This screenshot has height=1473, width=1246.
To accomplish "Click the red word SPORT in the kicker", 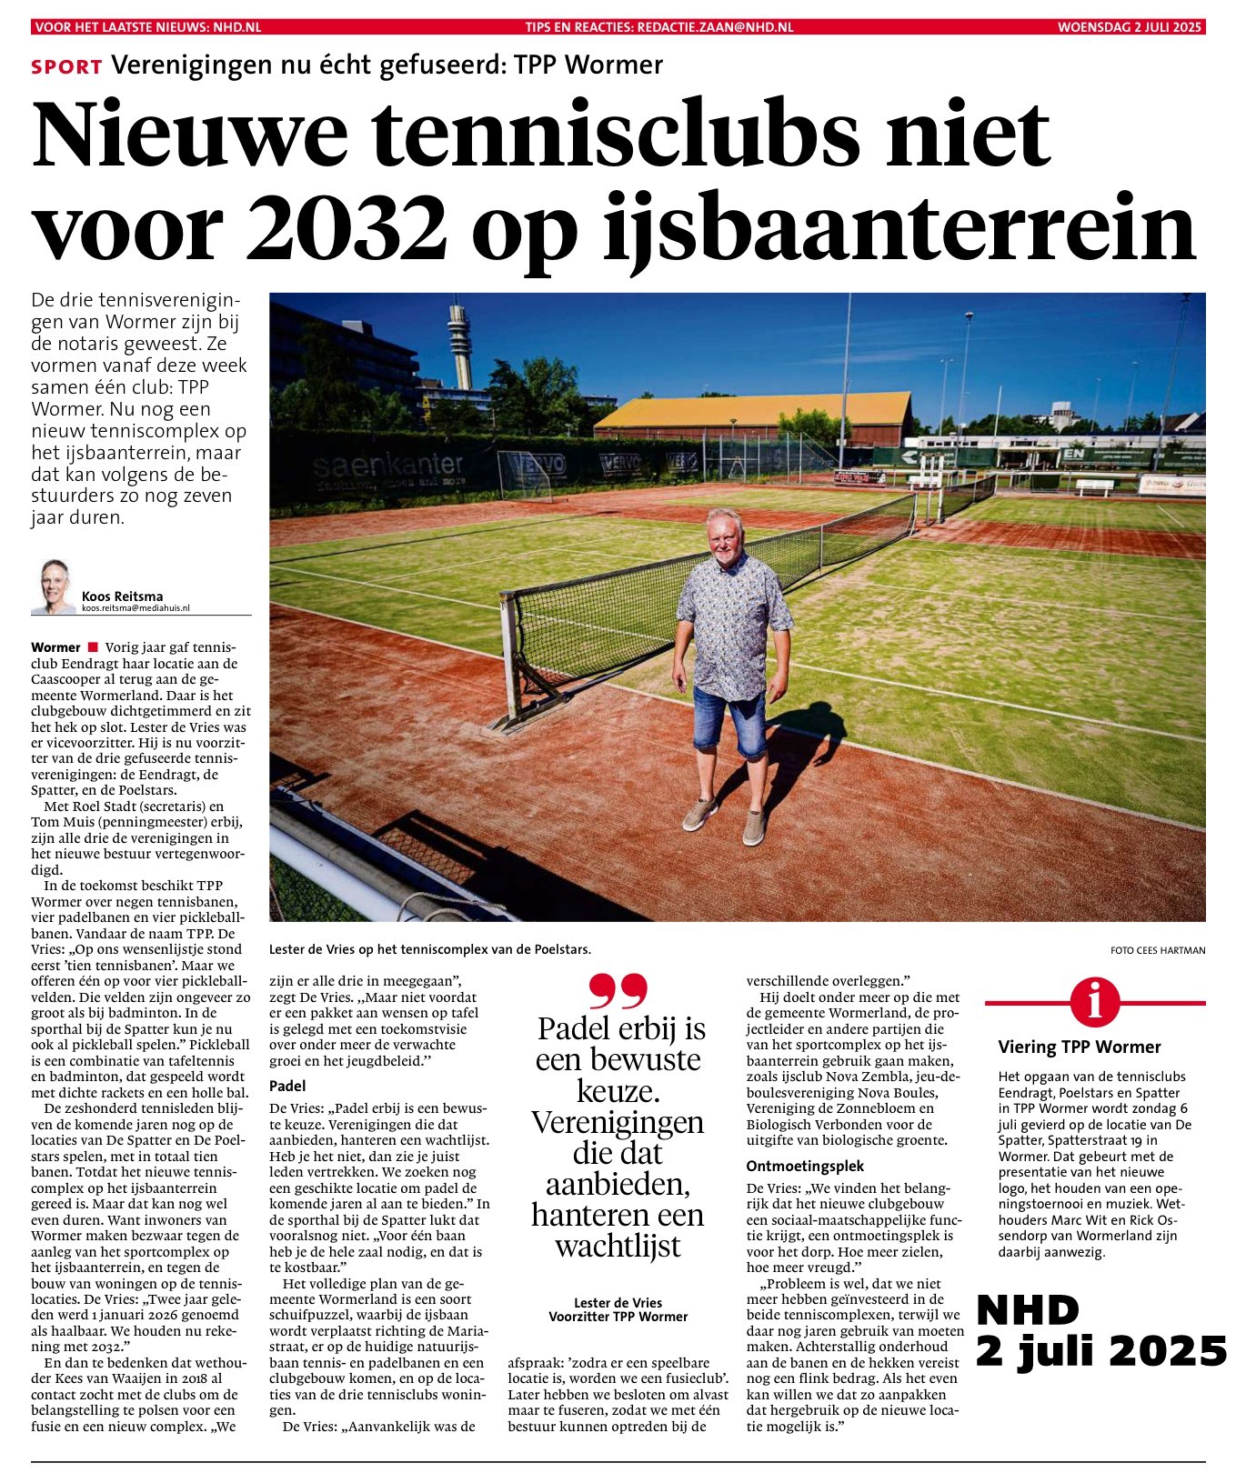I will (66, 66).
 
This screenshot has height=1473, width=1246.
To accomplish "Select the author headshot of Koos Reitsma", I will (55, 586).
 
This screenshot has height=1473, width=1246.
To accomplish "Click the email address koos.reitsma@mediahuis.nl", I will (136, 608).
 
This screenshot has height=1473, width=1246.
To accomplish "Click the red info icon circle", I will (1095, 1002).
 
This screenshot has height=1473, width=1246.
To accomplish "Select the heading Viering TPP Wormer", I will (1080, 1047).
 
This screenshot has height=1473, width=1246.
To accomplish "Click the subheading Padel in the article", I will (287, 1086).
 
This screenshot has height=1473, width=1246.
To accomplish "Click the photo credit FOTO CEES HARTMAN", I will (1157, 950).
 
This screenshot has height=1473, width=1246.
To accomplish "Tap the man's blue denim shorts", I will (729, 723).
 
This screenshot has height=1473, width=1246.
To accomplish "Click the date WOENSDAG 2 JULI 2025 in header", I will (1130, 27).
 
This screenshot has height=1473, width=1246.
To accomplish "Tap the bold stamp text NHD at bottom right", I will (1028, 1309).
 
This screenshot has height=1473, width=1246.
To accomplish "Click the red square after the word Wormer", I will (92, 647).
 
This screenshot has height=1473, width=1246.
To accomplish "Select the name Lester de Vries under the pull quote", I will (618, 1303).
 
